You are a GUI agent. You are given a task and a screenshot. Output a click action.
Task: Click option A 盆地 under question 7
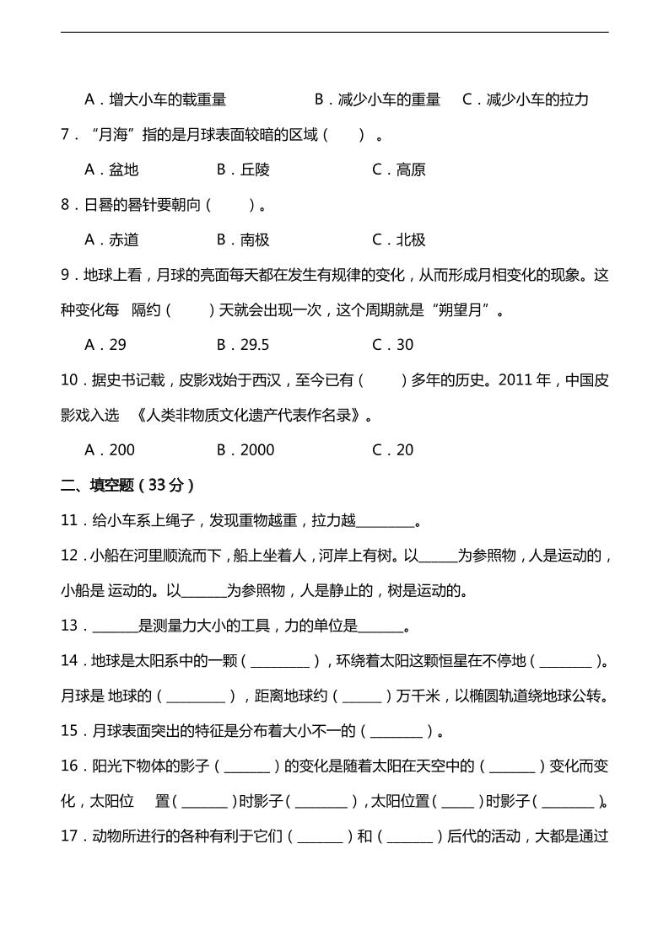pos(111,169)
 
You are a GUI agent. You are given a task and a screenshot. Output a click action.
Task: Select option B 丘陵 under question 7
pos(243,169)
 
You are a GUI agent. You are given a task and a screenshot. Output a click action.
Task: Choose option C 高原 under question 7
pos(399,169)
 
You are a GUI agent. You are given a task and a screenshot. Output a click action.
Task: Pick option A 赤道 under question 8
pos(111,239)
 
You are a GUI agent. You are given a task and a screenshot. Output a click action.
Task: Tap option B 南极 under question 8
pos(243,239)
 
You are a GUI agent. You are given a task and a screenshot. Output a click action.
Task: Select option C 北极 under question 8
pos(399,239)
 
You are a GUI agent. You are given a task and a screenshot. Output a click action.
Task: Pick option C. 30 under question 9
pos(393,344)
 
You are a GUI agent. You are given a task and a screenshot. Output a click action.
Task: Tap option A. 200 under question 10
pos(110,449)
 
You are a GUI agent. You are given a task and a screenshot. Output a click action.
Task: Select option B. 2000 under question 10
pos(245,449)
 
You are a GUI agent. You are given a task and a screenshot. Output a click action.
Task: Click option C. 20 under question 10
pos(393,449)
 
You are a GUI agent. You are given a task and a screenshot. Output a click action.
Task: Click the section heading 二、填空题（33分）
pos(128,485)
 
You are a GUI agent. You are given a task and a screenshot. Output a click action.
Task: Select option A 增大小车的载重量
pos(156,99)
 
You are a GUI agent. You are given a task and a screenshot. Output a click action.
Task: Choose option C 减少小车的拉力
pos(526,99)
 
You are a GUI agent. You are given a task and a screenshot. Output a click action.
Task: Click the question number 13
pos(71,626)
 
